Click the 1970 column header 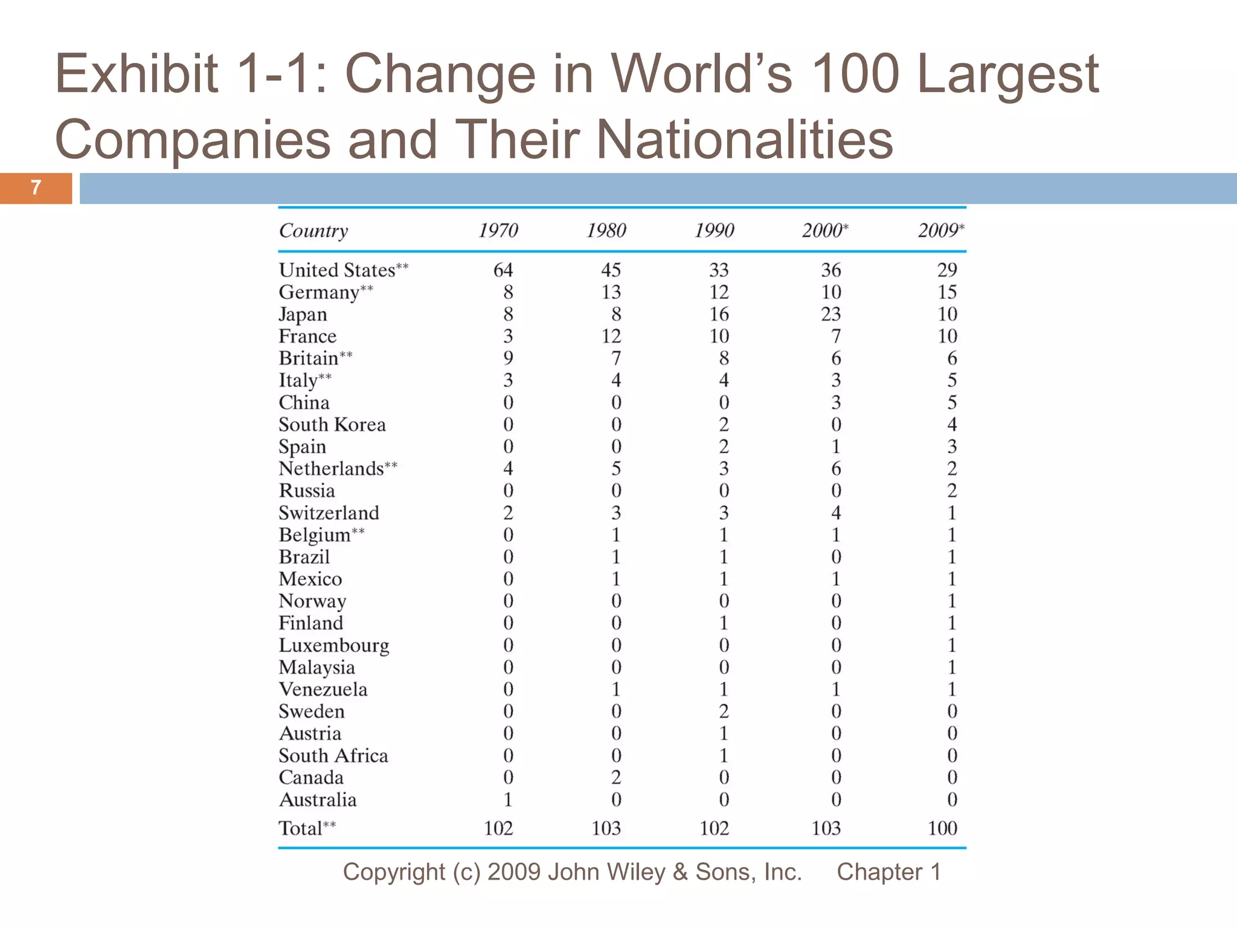click(498, 230)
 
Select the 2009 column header click(940, 230)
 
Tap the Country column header click(313, 231)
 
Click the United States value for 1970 click(503, 269)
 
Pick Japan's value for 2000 click(831, 314)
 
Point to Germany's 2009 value click(946, 292)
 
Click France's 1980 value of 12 click(611, 336)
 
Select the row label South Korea click(332, 425)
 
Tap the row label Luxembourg click(333, 645)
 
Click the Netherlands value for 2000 click(835, 468)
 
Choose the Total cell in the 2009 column click(942, 828)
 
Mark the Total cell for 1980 click(606, 828)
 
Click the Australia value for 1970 click(508, 800)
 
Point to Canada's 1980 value click(615, 778)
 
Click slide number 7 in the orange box click(36, 188)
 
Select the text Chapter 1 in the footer click(888, 872)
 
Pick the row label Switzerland click(329, 513)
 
